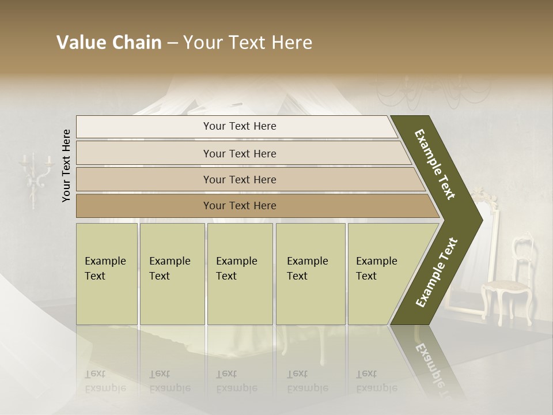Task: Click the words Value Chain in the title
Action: (109, 43)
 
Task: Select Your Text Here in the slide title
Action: (248, 43)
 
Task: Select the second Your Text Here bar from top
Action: (240, 153)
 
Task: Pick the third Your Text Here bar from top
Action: (240, 179)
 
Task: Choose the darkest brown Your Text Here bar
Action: (240, 206)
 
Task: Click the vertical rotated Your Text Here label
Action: (66, 165)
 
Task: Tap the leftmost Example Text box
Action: (107, 274)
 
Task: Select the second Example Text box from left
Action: (172, 274)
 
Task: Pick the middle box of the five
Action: (240, 274)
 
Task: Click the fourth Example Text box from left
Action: (310, 274)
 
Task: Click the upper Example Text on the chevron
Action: (435, 164)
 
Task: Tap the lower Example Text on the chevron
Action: (437, 272)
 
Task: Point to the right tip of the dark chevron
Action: (481, 220)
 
